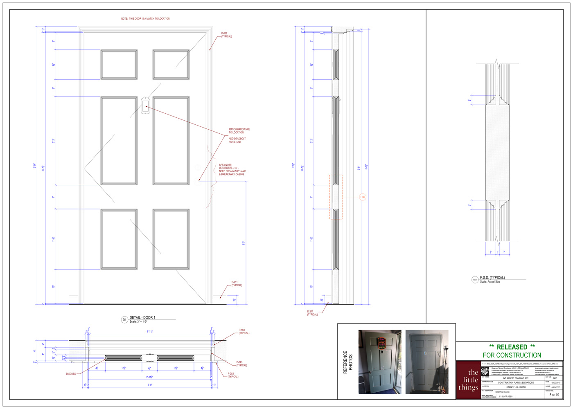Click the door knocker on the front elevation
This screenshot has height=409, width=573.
[x=145, y=105]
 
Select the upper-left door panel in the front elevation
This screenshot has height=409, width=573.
[x=119, y=65]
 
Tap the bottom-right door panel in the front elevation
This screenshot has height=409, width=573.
[x=171, y=239]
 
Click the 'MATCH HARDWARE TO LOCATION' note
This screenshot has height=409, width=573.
[x=239, y=131]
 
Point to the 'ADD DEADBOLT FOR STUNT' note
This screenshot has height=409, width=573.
[x=237, y=140]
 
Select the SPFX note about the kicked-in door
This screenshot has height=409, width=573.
[x=232, y=170]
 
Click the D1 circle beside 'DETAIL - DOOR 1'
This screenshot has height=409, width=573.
[x=124, y=320]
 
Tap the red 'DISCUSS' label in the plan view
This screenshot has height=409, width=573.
[x=71, y=374]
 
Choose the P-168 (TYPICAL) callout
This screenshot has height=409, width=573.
[x=244, y=331]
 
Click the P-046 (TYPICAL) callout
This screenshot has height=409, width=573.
[x=241, y=364]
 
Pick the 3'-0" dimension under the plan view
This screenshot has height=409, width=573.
[x=150, y=385]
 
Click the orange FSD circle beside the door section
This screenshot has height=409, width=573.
[x=363, y=197]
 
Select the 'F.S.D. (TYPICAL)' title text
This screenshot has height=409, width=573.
[x=492, y=278]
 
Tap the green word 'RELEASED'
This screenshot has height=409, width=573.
[x=512, y=347]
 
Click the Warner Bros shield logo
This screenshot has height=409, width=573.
[x=485, y=371]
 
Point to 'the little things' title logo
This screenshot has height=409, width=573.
[x=468, y=380]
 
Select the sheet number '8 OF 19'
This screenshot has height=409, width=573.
[x=554, y=395]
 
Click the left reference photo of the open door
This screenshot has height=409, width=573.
[x=379, y=362]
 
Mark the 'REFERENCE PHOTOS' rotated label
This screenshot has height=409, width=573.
[x=347, y=362]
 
